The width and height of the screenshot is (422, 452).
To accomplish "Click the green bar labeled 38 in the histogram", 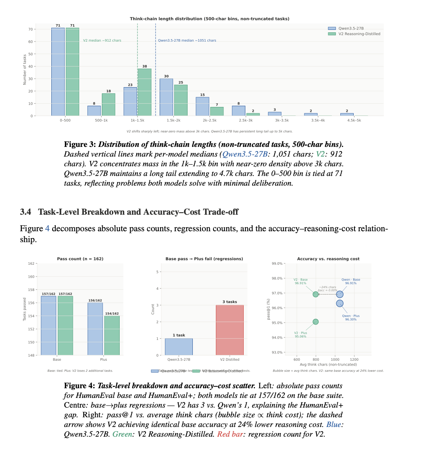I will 144,92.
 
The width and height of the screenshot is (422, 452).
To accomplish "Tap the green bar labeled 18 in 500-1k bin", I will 108,105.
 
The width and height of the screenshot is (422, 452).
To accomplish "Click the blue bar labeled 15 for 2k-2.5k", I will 203,106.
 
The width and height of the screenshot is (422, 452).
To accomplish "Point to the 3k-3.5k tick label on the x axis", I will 274,121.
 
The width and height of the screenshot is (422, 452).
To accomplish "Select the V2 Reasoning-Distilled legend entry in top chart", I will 354,33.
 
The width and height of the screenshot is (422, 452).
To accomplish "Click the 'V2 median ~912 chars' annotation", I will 102,40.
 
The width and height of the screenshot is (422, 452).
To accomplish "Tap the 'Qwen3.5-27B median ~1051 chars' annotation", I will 187,40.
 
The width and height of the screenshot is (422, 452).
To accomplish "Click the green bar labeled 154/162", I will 112,335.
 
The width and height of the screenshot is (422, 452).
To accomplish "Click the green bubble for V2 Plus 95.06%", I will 316,322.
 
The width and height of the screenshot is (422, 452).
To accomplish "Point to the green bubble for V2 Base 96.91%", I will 316,294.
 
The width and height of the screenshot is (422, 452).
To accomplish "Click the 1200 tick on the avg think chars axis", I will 354,360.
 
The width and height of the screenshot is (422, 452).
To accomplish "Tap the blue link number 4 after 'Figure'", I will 47,229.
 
